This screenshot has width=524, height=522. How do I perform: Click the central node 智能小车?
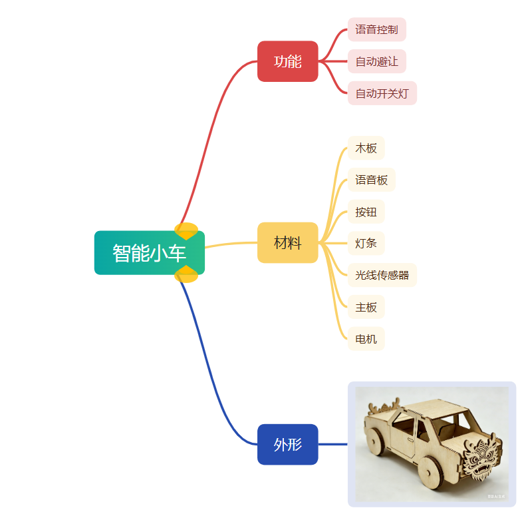point(149,253)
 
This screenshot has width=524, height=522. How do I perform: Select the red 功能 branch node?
point(287,61)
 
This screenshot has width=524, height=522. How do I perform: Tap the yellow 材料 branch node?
point(287,242)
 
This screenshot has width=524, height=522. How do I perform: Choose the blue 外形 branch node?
point(287,444)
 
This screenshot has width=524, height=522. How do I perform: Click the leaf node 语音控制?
point(376,29)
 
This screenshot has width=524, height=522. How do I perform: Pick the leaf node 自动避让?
point(376,61)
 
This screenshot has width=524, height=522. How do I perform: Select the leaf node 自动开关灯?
point(382,93)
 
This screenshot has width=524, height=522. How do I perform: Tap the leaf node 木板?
point(366,148)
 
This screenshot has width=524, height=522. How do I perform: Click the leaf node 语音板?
point(371,180)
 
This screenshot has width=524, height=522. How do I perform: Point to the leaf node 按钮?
point(366,212)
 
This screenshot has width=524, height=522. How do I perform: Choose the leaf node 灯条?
point(366,244)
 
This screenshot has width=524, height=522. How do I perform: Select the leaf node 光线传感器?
point(382,275)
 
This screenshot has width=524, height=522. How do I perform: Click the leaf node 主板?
point(366,307)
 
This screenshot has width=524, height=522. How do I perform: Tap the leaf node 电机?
point(366,339)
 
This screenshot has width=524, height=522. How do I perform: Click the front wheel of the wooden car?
point(431,469)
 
